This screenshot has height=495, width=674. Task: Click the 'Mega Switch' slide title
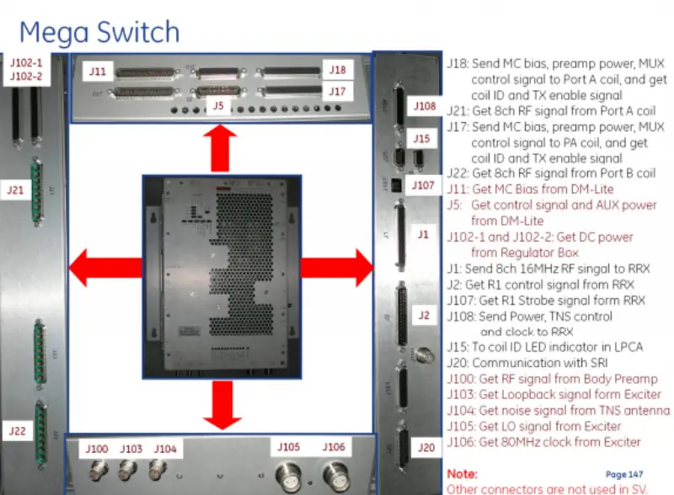[x=99, y=33]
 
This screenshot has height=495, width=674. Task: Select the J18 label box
[x=338, y=70]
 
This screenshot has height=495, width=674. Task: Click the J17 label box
[x=338, y=91]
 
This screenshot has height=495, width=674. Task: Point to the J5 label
[x=218, y=106]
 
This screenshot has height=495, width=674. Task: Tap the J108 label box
[x=425, y=107]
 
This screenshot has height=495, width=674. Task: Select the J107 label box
[x=423, y=184]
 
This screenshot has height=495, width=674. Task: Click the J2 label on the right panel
[x=424, y=315]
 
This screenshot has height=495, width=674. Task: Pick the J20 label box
[x=426, y=448]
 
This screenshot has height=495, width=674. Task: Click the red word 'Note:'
[x=462, y=474]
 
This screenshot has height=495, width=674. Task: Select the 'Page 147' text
[x=623, y=475]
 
